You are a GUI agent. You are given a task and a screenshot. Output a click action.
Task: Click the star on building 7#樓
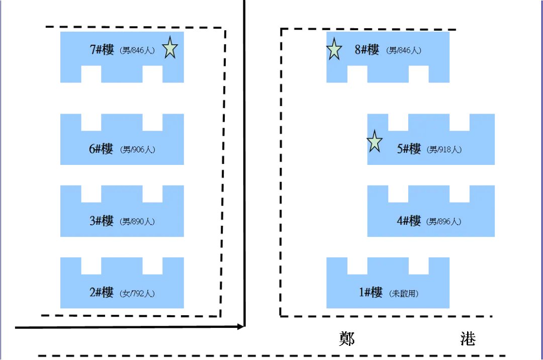[x=170, y=48]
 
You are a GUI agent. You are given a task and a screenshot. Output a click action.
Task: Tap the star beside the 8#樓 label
[x=334, y=50]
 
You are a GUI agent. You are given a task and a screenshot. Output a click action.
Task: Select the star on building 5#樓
[x=374, y=142]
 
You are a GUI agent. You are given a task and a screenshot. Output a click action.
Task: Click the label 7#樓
[x=102, y=50]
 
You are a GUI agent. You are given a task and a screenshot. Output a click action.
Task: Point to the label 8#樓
[x=367, y=50]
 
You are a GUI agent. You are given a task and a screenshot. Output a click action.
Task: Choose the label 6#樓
[x=102, y=149]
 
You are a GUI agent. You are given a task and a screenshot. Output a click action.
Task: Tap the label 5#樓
[x=409, y=149]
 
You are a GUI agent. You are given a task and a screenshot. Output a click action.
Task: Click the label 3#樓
[x=102, y=221]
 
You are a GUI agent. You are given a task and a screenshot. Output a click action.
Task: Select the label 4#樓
[x=409, y=221]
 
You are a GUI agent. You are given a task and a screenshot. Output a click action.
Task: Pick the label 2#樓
[x=102, y=293]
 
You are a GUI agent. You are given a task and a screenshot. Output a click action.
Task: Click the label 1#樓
[x=371, y=293]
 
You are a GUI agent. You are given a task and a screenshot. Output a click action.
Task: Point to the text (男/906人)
[x=137, y=149]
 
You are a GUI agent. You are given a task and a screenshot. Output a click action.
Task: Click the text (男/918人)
[x=444, y=149]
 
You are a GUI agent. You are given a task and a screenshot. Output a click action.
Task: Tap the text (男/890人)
[x=137, y=221]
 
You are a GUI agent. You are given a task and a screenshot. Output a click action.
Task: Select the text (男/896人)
[x=444, y=221]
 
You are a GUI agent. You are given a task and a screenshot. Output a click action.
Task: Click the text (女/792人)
[x=137, y=293]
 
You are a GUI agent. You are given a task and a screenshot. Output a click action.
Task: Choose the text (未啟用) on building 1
[x=404, y=293]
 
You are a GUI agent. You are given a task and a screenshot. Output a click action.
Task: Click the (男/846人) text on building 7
[x=137, y=50]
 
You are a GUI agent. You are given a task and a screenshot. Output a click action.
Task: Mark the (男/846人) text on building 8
[x=404, y=50]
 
